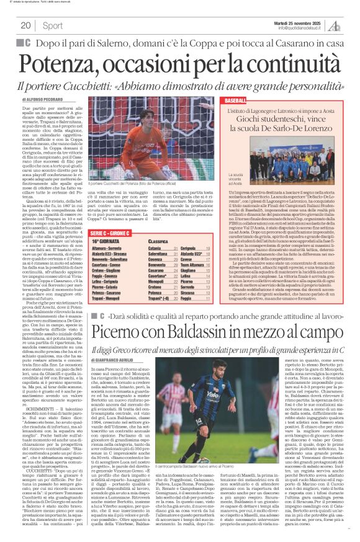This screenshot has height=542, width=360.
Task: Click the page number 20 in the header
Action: tap(26, 25)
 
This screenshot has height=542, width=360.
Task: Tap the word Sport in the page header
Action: tap(53, 25)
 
